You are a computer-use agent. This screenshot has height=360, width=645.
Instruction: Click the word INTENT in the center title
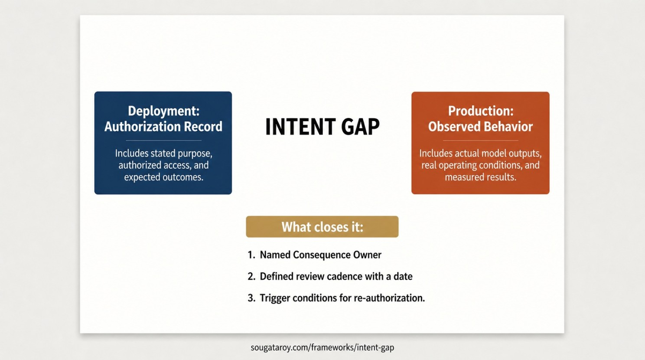(300, 127)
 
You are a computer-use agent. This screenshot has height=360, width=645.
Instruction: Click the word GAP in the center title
(361, 127)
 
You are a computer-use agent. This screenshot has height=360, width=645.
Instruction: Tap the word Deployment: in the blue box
(163, 111)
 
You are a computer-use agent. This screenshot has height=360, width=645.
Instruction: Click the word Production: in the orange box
(481, 111)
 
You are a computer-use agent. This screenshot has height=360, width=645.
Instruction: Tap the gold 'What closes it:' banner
(322, 227)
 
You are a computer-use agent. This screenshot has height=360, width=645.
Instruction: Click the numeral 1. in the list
(251, 255)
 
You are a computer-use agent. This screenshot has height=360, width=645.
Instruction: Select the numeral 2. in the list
(251, 276)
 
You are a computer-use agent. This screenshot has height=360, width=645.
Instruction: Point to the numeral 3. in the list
(251, 298)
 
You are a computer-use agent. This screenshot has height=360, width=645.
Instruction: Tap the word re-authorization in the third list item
(389, 298)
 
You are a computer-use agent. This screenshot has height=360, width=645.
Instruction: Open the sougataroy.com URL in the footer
(322, 347)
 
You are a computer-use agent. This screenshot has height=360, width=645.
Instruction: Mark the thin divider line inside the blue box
(163, 141)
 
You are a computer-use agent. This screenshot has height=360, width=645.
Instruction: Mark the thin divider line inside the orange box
(481, 141)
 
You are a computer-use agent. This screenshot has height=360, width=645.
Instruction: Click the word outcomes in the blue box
(182, 177)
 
